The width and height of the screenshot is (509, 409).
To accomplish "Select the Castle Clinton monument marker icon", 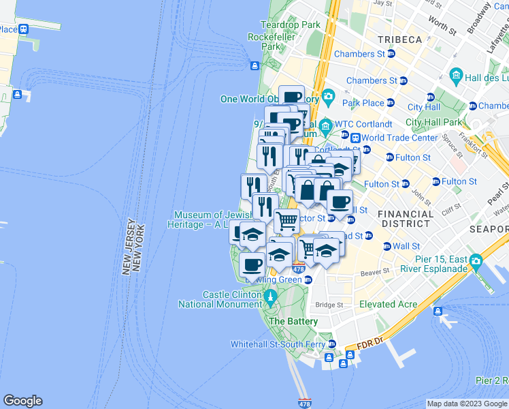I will click(270, 296).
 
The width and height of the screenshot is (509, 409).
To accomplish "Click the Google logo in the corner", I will click(22, 401).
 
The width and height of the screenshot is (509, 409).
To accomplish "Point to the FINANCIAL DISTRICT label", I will click(408, 218).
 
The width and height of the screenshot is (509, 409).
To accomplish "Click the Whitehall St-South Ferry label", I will click(278, 344).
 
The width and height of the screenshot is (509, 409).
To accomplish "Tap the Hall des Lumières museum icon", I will click(456, 74).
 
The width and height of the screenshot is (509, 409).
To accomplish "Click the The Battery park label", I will click(293, 321).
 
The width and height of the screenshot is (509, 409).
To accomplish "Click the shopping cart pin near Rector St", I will click(286, 220).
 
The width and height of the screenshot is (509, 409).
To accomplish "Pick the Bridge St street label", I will click(329, 304).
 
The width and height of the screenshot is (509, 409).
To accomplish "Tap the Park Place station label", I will click(363, 103).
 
